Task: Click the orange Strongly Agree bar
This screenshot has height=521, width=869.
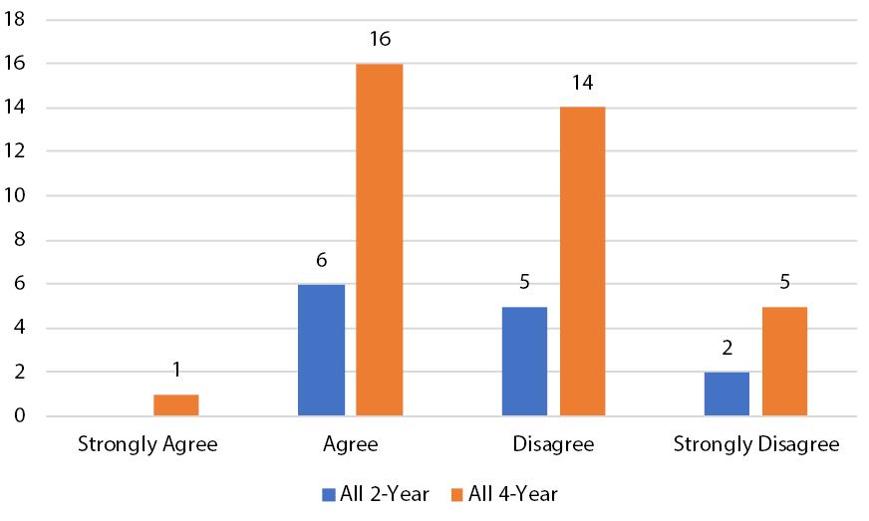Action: pyautogui.click(x=175, y=405)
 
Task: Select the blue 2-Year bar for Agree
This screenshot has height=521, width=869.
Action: pyautogui.click(x=321, y=351)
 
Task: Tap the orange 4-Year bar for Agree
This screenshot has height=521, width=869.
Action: pyautogui.click(x=379, y=240)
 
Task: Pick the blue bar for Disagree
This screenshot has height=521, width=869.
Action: pyautogui.click(x=524, y=362)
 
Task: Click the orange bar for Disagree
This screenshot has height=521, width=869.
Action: pyautogui.click(x=582, y=262)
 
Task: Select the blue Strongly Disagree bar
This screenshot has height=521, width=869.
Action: pyautogui.click(x=726, y=394)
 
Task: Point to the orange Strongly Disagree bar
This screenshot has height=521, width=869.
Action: pyautogui.click(x=784, y=362)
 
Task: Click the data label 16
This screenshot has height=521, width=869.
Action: pyautogui.click(x=379, y=40)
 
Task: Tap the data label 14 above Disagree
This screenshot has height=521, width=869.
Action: pyautogui.click(x=582, y=84)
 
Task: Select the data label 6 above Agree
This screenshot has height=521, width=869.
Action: pyautogui.click(x=321, y=260)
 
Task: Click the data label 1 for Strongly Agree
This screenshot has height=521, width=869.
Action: pyautogui.click(x=175, y=371)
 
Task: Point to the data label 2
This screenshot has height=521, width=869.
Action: pyautogui.click(x=726, y=349)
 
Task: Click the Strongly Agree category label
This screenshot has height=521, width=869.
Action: pyautogui.click(x=146, y=444)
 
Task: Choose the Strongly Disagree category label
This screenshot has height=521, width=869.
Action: pyautogui.click(x=756, y=444)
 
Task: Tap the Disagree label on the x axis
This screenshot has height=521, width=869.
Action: pyautogui.click(x=553, y=444)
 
